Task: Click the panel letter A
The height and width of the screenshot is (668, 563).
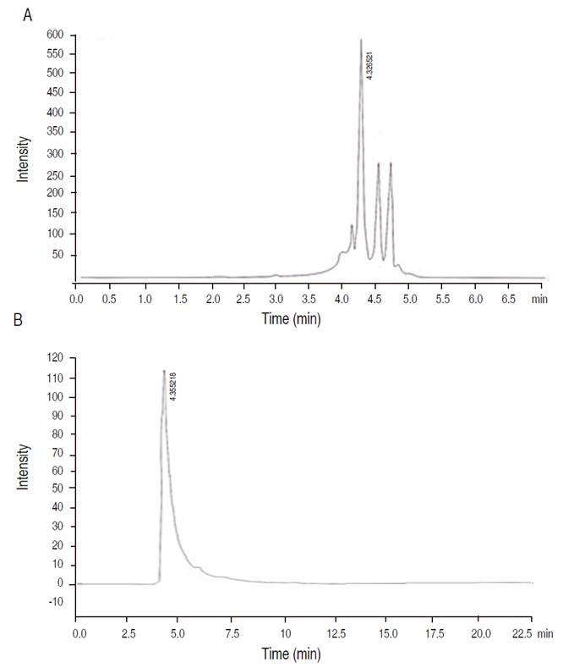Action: pyautogui.click(x=28, y=15)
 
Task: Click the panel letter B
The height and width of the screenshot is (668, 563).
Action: pyautogui.click(x=28, y=323)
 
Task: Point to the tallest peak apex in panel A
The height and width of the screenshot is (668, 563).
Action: pyautogui.click(x=361, y=40)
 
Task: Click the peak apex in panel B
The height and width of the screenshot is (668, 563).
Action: pyautogui.click(x=164, y=370)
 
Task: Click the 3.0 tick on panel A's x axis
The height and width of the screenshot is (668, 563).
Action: pyautogui.click(x=276, y=299)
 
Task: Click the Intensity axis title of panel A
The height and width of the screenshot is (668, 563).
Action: pyautogui.click(x=25, y=158)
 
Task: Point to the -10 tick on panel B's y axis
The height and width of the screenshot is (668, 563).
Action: pyautogui.click(x=57, y=602)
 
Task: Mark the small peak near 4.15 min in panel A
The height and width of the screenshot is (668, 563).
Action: pyautogui.click(x=352, y=226)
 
